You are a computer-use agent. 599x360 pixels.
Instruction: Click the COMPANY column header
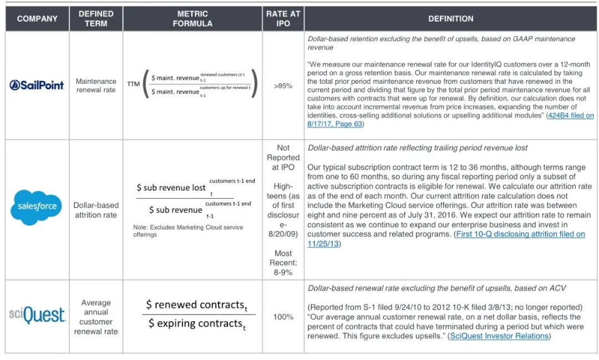(37, 18)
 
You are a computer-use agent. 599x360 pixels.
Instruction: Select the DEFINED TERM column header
(96, 18)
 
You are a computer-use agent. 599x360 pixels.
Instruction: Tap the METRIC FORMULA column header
(192, 18)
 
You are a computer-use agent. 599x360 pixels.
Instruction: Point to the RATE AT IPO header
(283, 18)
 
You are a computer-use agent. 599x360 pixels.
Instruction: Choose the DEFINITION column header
(450, 18)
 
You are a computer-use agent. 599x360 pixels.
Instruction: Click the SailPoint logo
(37, 85)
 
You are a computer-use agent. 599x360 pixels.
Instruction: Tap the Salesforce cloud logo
(37, 207)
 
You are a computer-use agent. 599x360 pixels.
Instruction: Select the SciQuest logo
(37, 316)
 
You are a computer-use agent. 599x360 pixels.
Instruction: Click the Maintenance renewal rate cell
(96, 85)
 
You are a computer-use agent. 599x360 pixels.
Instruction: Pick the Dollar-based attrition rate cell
(96, 210)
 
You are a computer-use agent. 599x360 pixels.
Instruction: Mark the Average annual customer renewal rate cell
(96, 317)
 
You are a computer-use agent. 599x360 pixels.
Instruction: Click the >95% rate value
(283, 86)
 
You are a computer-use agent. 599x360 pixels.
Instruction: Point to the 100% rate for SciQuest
(283, 317)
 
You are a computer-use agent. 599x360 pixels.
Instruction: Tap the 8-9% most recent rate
(283, 272)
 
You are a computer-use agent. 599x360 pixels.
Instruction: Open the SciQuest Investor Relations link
(499, 336)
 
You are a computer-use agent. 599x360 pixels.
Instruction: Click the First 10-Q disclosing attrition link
(520, 234)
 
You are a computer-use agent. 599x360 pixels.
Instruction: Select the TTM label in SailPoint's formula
(133, 84)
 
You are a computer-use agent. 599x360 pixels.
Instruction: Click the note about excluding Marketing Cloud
(187, 231)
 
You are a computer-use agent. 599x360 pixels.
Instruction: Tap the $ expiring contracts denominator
(196, 323)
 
